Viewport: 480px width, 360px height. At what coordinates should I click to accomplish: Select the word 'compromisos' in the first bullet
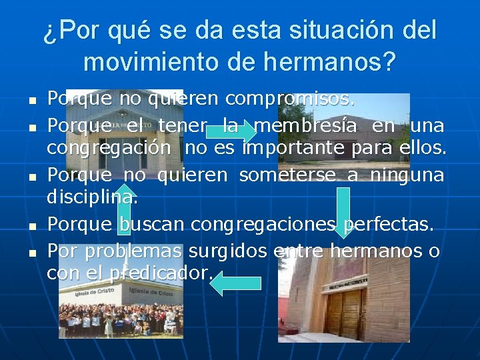290,99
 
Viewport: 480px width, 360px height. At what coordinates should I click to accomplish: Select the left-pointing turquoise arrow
235,283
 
